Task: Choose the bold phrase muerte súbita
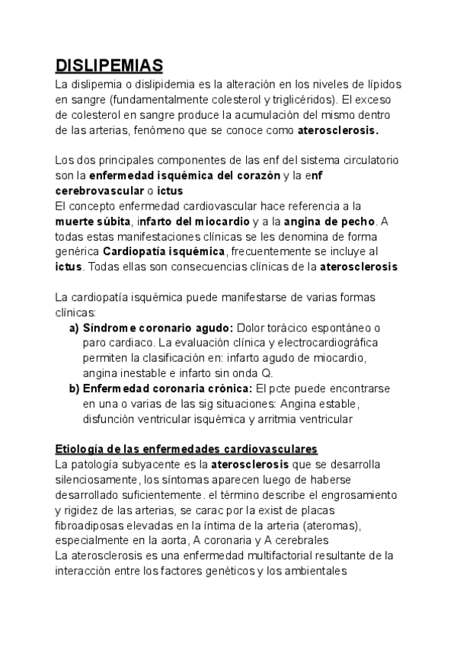pos(93,222)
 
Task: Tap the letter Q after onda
pos(267,373)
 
